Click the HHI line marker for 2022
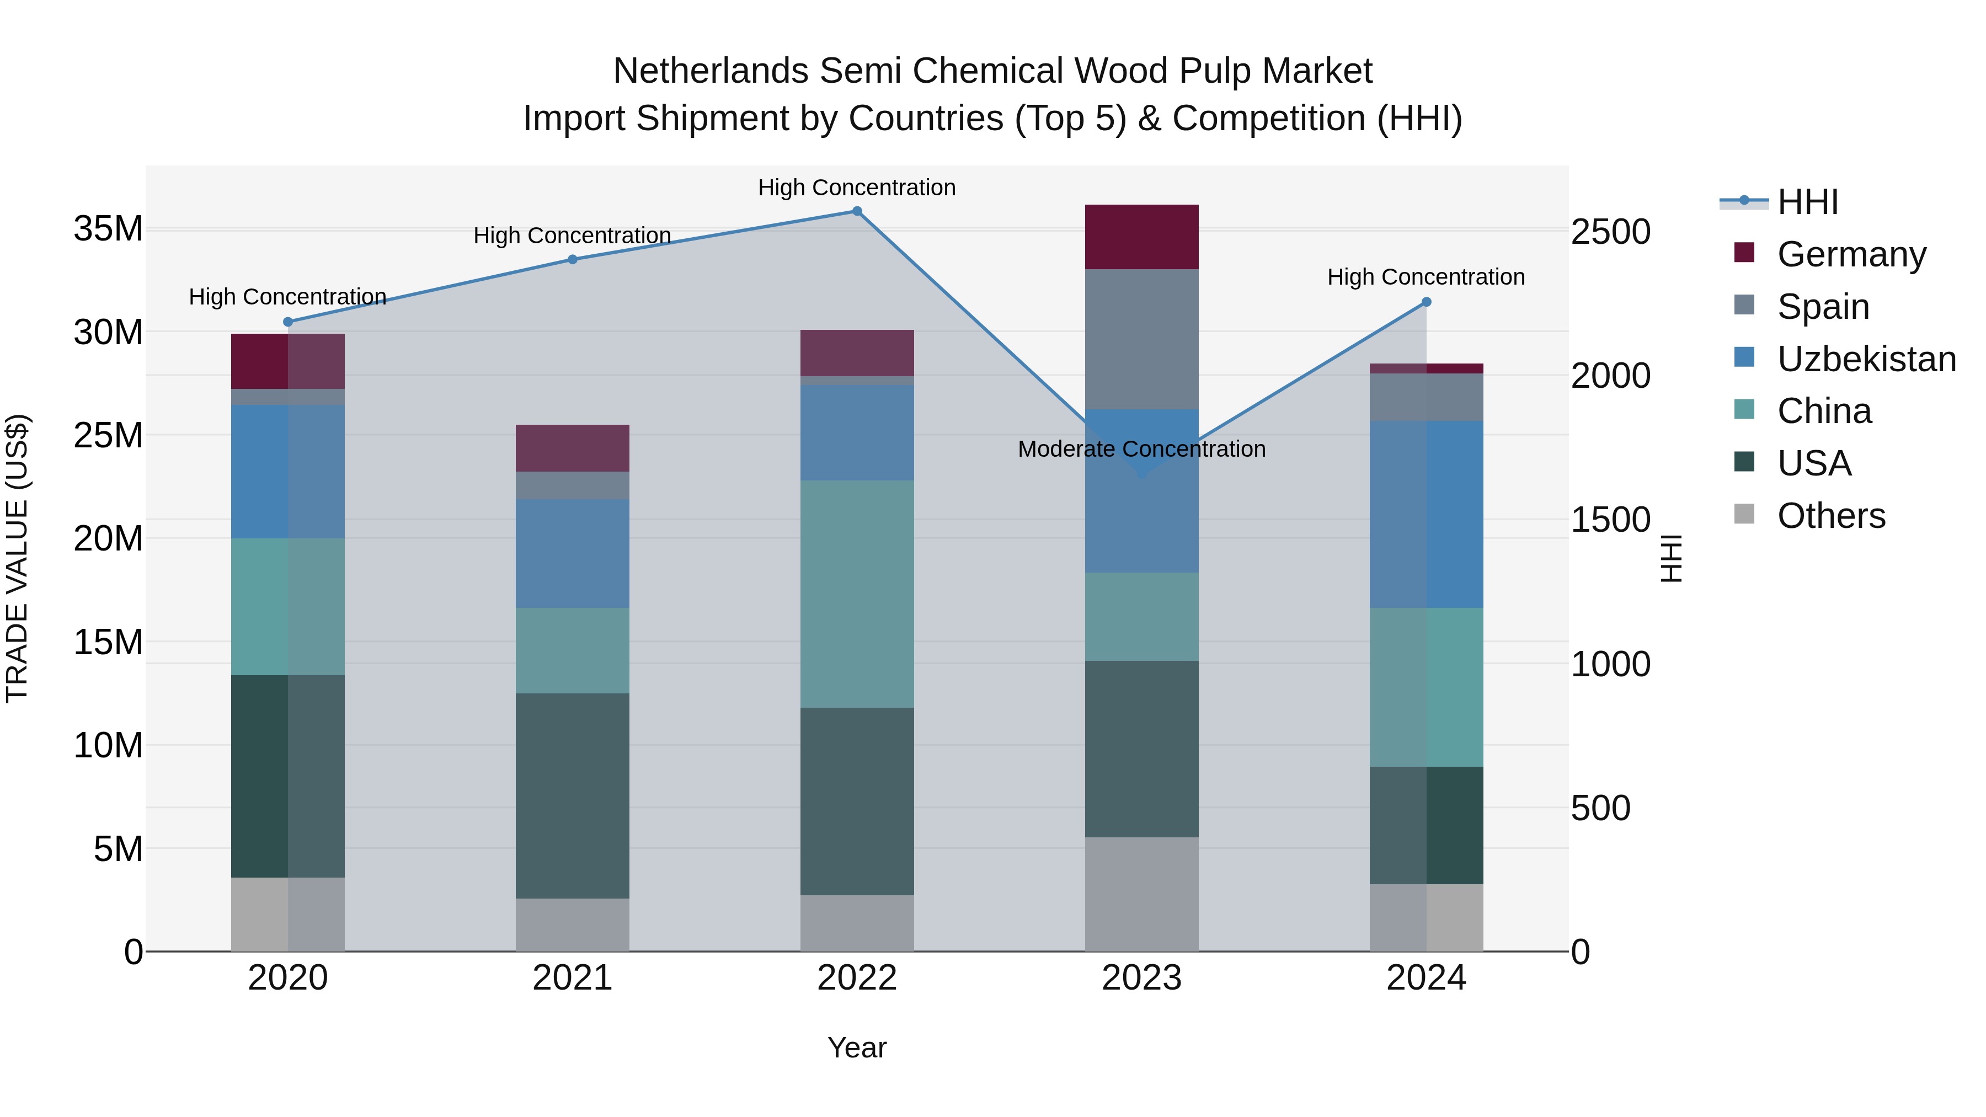click(857, 211)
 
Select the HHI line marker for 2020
click(287, 322)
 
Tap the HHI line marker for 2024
click(1426, 302)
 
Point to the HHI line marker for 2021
click(572, 260)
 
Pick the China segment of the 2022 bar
click(857, 594)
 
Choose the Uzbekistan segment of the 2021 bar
click(572, 553)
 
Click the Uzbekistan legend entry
click(1866, 359)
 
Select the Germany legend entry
click(1851, 254)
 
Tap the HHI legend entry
click(1807, 202)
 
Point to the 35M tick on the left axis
click(109, 229)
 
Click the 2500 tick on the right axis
click(1610, 232)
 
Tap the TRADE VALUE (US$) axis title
click(18, 558)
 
